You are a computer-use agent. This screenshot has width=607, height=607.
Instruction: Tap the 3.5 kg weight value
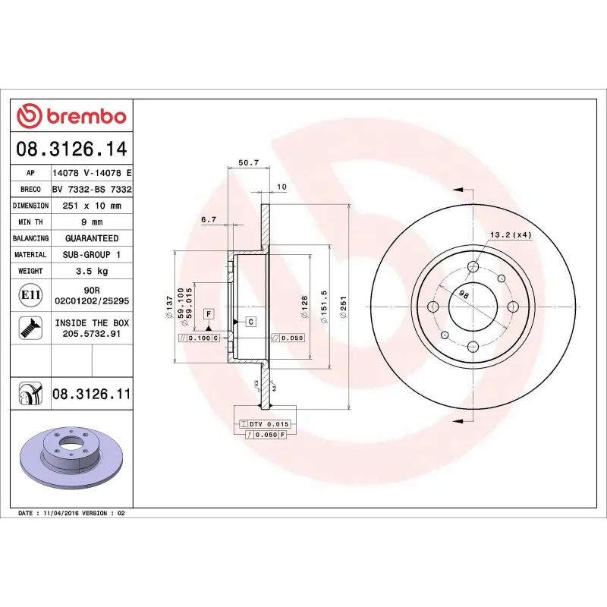tap(92, 271)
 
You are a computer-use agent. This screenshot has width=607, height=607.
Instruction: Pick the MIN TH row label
tap(30, 222)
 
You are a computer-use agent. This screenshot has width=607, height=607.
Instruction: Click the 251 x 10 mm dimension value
tap(92, 206)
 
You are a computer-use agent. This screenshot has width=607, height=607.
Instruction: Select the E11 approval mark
tap(31, 294)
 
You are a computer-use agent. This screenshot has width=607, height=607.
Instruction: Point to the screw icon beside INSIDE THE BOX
tap(31, 328)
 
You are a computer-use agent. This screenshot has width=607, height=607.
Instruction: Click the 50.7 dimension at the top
tap(248, 162)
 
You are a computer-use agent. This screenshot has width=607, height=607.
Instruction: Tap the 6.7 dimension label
tap(209, 219)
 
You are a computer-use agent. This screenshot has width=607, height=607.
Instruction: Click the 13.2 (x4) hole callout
tap(510, 234)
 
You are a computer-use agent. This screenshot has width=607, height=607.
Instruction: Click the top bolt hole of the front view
tap(473, 266)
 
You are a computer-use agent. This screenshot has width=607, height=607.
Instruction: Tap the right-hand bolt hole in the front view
tap(512, 307)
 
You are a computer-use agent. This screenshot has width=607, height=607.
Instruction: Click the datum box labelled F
tap(208, 313)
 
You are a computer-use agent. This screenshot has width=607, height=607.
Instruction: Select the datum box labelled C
tap(250, 322)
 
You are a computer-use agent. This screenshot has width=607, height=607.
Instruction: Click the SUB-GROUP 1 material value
tap(92, 255)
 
